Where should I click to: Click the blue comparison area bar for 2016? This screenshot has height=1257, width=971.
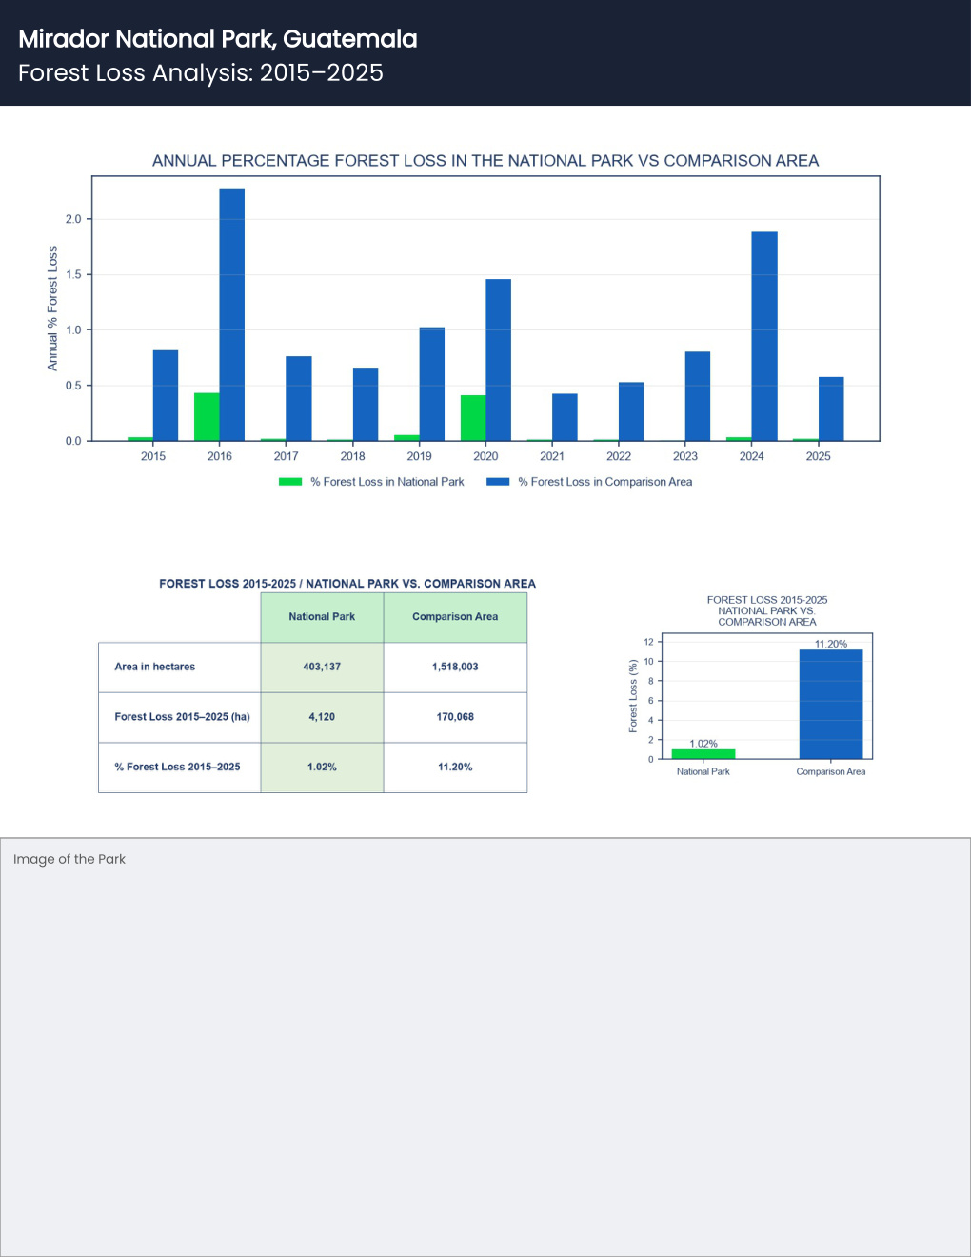pyautogui.click(x=232, y=314)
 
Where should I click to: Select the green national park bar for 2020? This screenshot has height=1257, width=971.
pyautogui.click(x=473, y=418)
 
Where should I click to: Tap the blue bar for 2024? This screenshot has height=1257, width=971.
pyautogui.click(x=764, y=336)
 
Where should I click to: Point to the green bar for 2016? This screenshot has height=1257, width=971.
pyautogui.click(x=207, y=416)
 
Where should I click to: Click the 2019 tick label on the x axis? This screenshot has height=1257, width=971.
pyautogui.click(x=419, y=456)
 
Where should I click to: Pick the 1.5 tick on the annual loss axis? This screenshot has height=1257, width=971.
pyautogui.click(x=73, y=275)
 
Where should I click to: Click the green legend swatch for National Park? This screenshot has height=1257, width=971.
pyautogui.click(x=290, y=481)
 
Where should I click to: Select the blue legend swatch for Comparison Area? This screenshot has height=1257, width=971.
pyautogui.click(x=498, y=481)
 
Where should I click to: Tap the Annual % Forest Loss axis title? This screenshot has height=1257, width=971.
pyautogui.click(x=52, y=309)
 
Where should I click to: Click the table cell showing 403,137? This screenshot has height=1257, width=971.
pyautogui.click(x=322, y=667)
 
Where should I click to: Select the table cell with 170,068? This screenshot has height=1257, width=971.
pyautogui.click(x=455, y=717)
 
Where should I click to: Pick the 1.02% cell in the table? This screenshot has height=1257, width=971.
pyautogui.click(x=322, y=767)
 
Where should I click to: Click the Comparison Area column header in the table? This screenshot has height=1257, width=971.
pyautogui.click(x=455, y=617)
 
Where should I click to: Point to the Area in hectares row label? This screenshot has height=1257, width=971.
pyautogui.click(x=155, y=667)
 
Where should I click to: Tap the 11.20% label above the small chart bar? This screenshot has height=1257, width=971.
pyautogui.click(x=831, y=644)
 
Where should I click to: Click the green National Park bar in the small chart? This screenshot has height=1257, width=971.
pyautogui.click(x=703, y=754)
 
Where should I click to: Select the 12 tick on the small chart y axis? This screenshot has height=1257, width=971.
pyautogui.click(x=649, y=642)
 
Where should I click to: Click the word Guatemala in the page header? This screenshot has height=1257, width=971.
pyautogui.click(x=350, y=39)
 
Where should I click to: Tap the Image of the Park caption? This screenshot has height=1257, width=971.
pyautogui.click(x=69, y=859)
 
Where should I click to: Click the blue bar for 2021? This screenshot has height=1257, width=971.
pyautogui.click(x=565, y=417)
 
